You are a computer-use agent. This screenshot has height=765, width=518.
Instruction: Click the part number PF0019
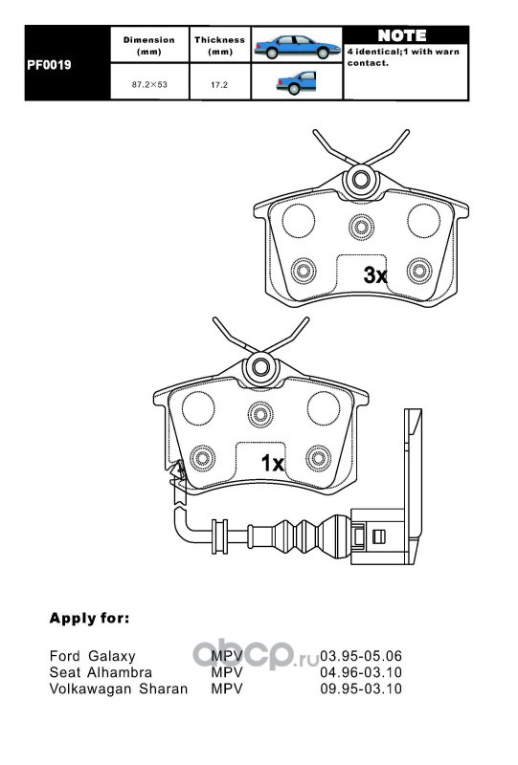49,65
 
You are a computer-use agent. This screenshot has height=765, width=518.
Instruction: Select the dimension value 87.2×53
149,84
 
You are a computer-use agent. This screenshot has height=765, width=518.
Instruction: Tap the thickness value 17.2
219,85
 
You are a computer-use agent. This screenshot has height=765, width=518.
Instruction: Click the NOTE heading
402,35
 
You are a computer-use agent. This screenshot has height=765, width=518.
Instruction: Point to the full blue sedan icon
297,46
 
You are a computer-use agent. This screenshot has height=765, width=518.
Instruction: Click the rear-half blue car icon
296,82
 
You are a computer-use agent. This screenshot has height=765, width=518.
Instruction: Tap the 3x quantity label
375,275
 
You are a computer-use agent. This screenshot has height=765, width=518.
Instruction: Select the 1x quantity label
273,463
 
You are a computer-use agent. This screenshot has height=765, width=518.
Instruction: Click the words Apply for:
89,619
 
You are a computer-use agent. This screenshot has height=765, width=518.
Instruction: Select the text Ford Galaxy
92,657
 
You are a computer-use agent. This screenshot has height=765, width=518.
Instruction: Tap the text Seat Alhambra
101,673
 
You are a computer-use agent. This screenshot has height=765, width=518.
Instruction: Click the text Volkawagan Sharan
119,689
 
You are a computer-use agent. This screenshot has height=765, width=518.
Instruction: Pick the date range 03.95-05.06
361,657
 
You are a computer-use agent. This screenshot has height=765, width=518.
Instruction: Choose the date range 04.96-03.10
361,673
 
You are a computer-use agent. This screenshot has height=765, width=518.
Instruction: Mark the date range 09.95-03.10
361,689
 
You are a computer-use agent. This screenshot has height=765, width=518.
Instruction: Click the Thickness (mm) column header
219,45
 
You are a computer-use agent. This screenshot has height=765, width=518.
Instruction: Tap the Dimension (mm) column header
149,45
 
